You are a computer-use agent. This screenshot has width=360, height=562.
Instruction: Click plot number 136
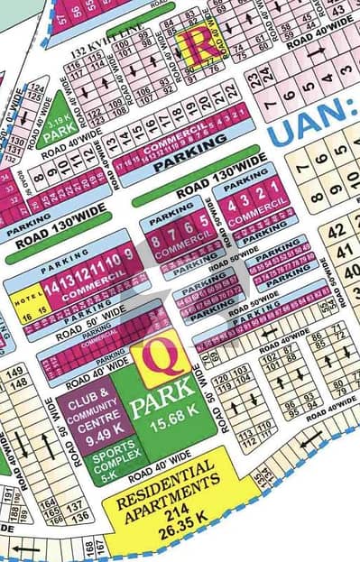(80, 517)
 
